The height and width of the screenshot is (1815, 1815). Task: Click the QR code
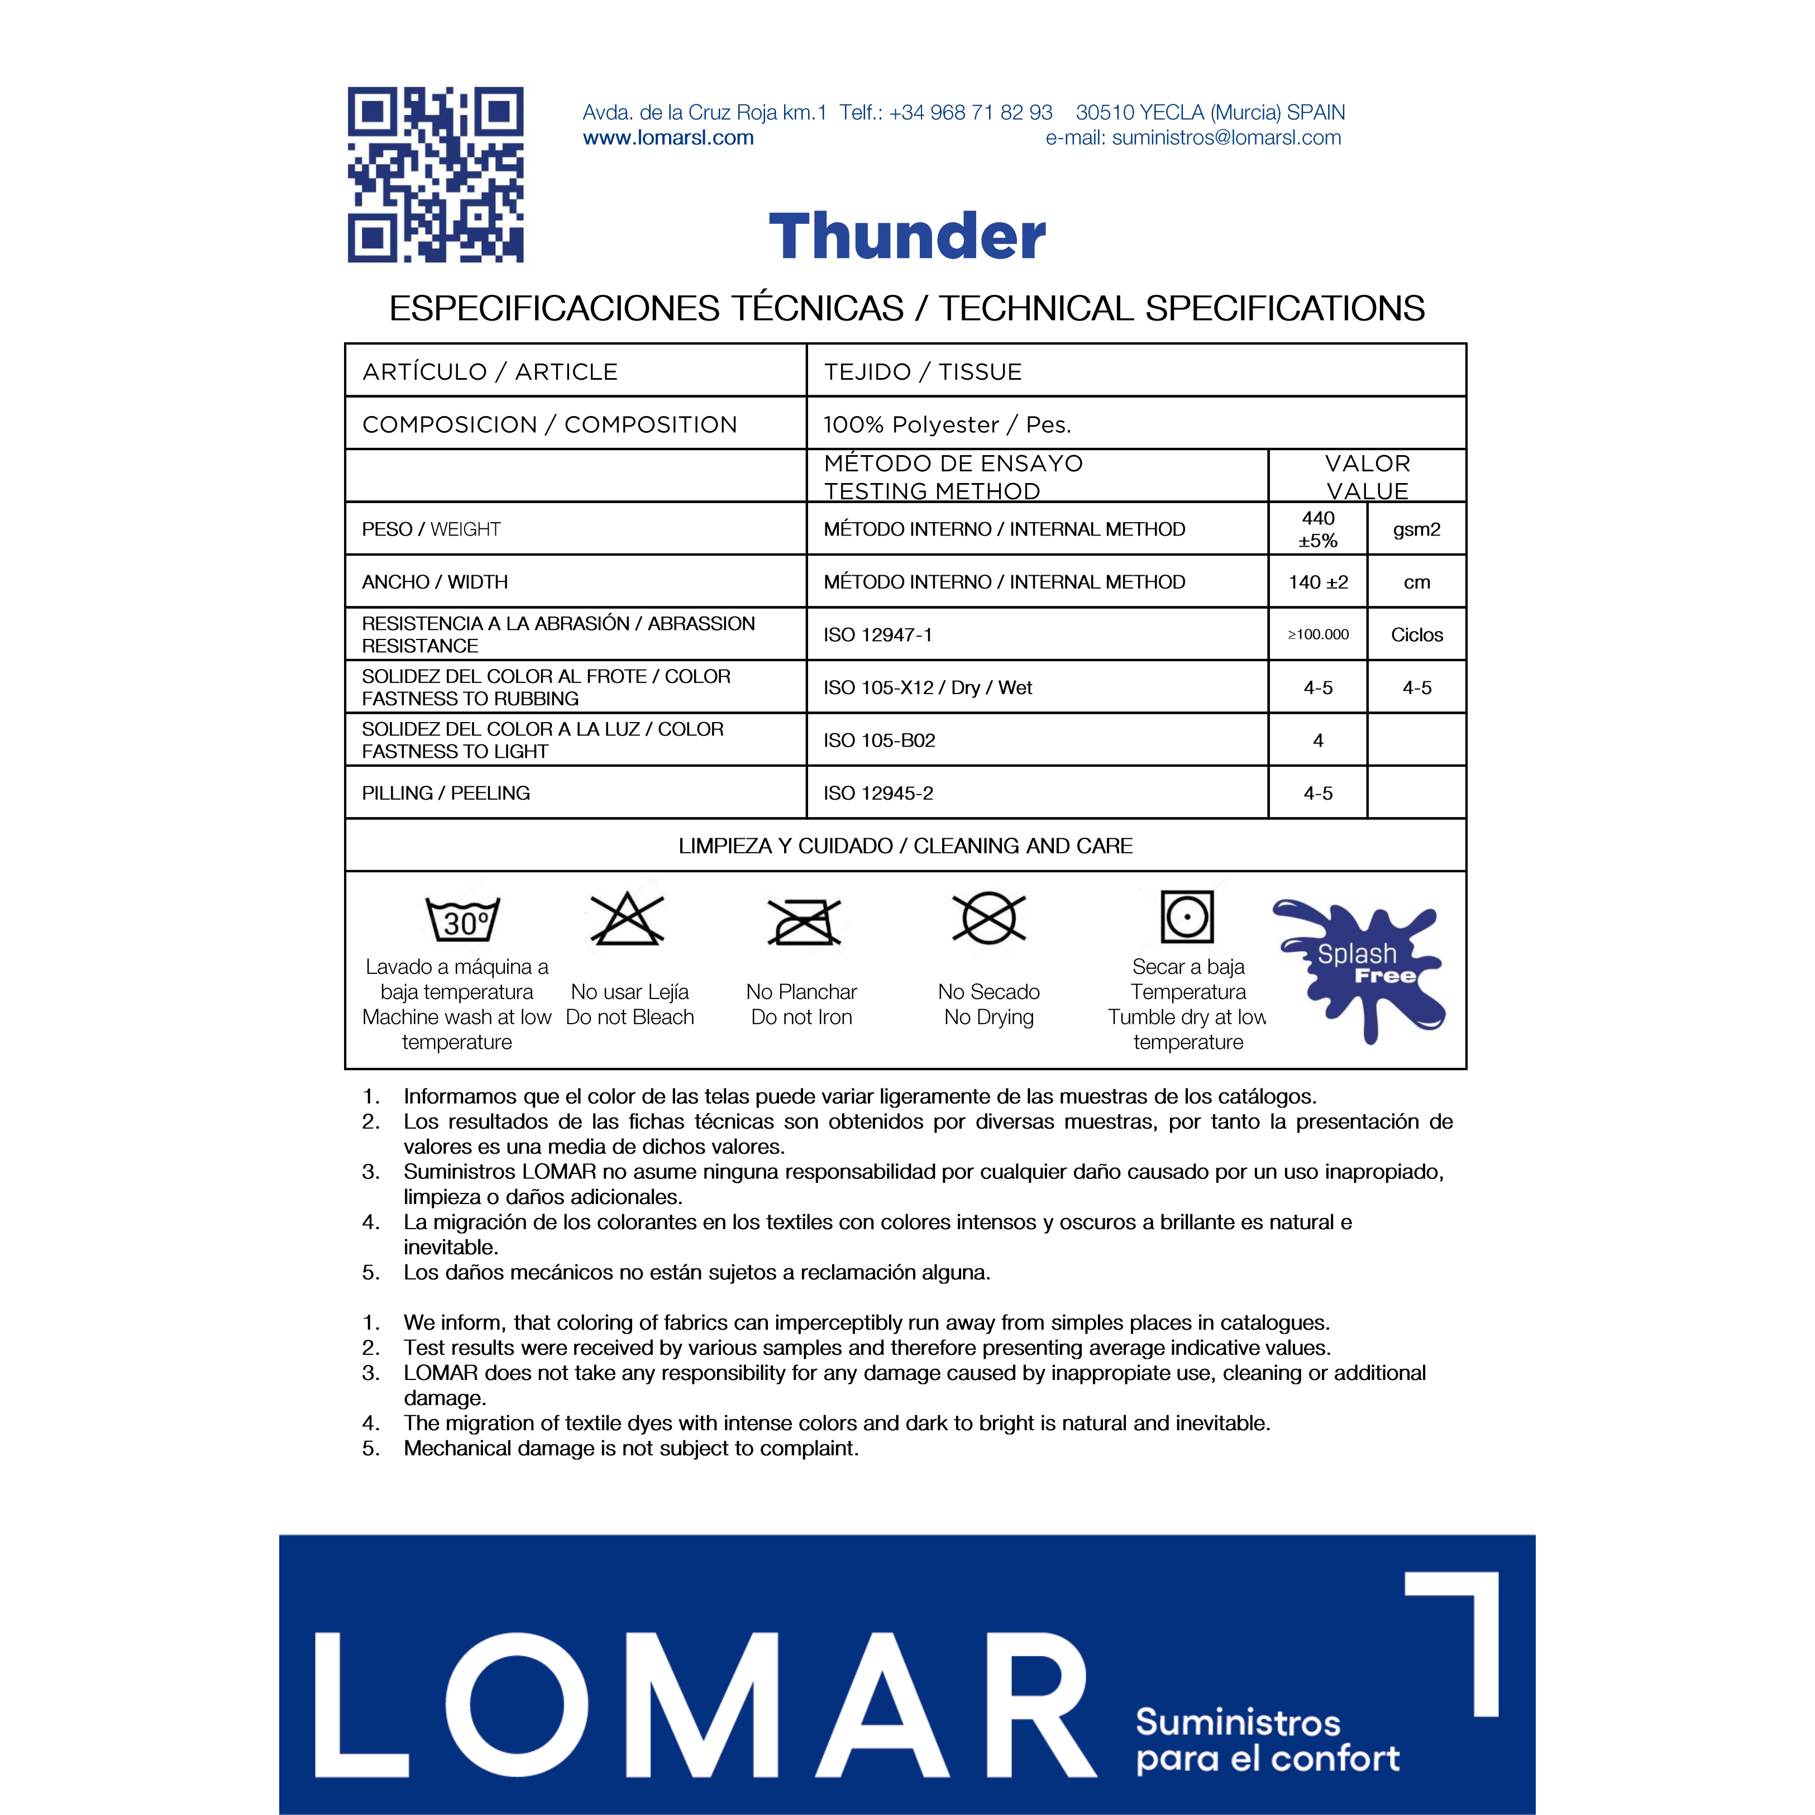[x=435, y=175]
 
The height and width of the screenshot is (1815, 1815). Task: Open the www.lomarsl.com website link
[x=668, y=138]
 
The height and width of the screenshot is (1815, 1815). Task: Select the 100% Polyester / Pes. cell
[x=947, y=424]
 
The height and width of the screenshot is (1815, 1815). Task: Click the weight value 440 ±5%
[x=1318, y=529]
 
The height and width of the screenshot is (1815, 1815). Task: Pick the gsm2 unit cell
[x=1417, y=529]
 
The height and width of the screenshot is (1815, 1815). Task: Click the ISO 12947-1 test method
[x=877, y=635]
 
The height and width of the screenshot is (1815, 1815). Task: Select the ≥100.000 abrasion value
[x=1318, y=635]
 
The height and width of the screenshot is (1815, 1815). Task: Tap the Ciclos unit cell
[x=1417, y=635]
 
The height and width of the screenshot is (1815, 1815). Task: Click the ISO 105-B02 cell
[x=880, y=741]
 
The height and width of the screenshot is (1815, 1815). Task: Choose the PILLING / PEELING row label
[x=446, y=793]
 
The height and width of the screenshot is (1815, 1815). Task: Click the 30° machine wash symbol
[x=463, y=919]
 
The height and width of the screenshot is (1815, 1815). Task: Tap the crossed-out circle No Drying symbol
[x=988, y=918]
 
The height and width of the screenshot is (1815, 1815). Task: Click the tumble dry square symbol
[x=1187, y=916]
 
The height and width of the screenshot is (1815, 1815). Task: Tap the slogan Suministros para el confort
[x=1267, y=1740]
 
